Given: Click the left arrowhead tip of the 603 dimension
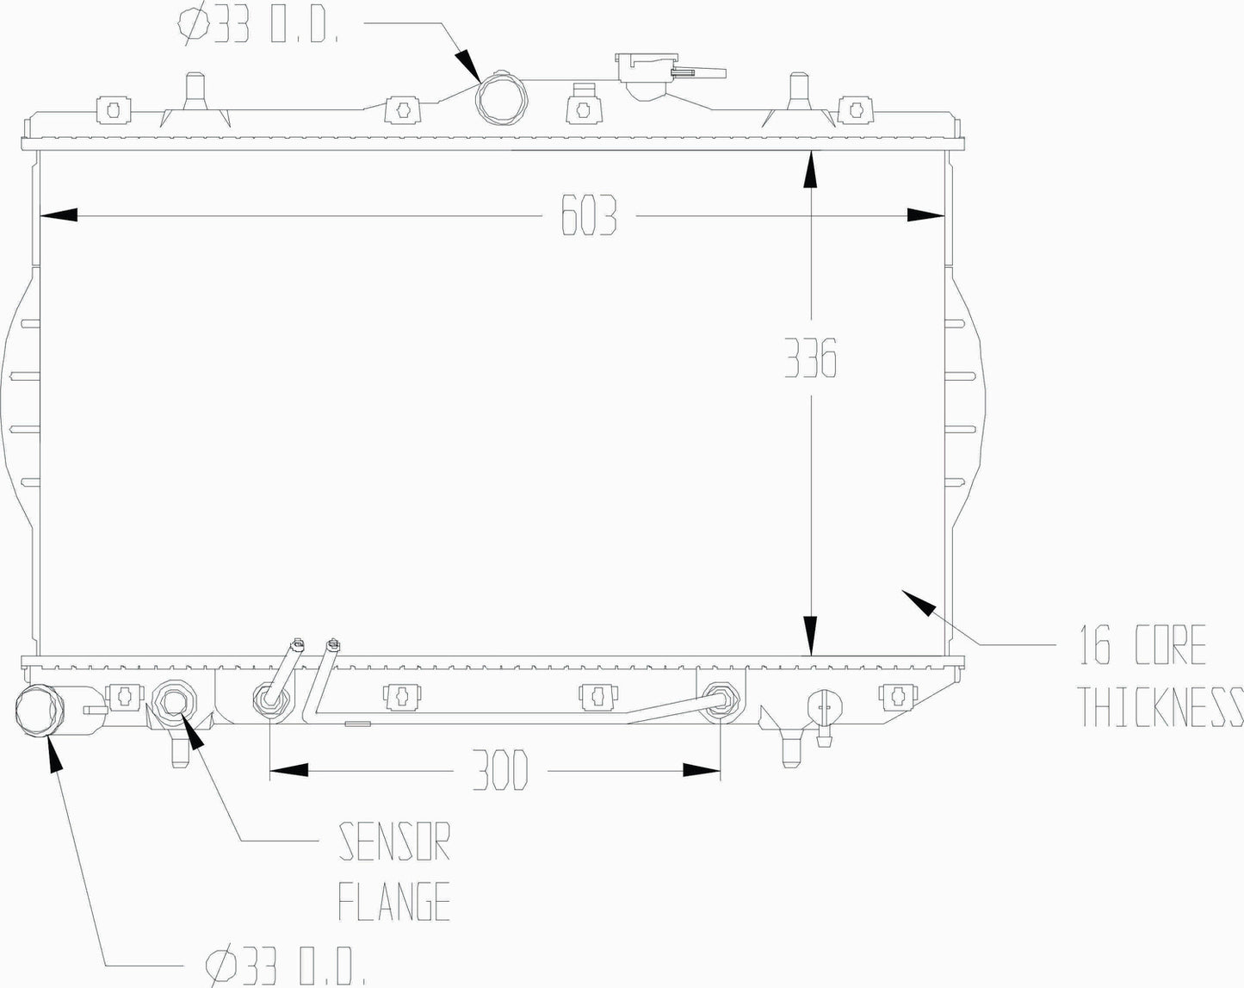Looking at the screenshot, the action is click(x=40, y=215).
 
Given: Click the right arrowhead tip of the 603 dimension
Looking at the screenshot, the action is click(x=945, y=215).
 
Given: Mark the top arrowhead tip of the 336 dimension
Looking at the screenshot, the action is click(x=812, y=151).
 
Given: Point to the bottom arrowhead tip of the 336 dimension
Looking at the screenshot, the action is click(x=812, y=656).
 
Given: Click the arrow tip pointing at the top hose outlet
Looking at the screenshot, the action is click(x=481, y=81).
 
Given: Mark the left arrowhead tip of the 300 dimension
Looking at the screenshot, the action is click(x=270, y=770).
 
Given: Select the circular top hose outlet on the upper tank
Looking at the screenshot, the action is click(x=501, y=98).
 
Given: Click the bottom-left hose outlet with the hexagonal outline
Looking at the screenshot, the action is click(x=39, y=711).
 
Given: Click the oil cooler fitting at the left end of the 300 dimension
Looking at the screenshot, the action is click(x=270, y=700).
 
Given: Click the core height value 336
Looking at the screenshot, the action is click(x=810, y=357).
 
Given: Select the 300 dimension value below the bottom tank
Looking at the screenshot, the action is click(x=500, y=770).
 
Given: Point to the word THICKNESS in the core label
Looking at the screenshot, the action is click(x=1162, y=706).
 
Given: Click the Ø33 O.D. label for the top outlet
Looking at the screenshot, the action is click(x=258, y=24).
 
